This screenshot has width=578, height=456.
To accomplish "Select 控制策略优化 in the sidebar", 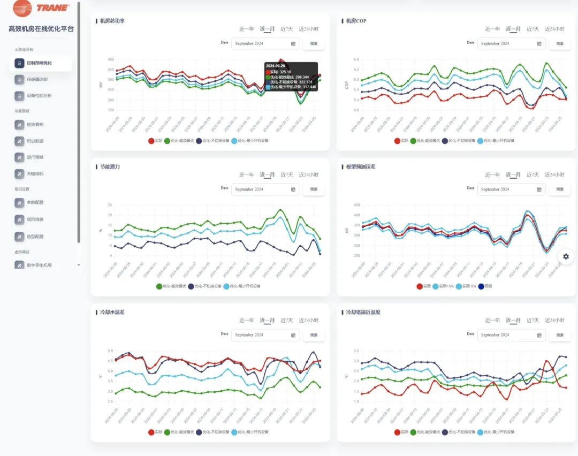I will (x=40, y=63).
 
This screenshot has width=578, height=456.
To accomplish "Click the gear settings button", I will (x=566, y=256).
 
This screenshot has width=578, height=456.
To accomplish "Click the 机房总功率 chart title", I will (x=112, y=21).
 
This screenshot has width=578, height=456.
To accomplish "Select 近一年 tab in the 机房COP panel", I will (x=492, y=29).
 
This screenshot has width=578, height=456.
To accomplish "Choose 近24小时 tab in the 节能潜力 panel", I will (x=308, y=174).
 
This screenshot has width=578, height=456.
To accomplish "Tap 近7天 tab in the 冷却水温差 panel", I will (x=287, y=320).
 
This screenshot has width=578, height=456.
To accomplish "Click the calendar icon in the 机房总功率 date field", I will (x=293, y=43).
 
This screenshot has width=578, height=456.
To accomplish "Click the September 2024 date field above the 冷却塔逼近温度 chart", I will (x=511, y=335).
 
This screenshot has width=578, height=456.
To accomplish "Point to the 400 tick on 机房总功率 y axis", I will (x=111, y=59).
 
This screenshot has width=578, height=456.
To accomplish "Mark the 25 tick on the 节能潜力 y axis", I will (x=109, y=205).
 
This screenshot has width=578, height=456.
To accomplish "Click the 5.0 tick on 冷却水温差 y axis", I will (x=110, y=351).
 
